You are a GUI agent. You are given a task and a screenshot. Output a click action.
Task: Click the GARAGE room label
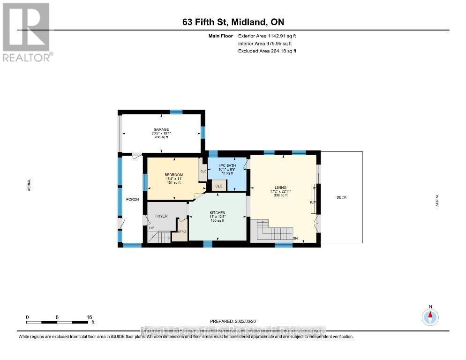tap(161, 129)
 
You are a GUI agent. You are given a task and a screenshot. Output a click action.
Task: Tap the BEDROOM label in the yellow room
tap(173, 175)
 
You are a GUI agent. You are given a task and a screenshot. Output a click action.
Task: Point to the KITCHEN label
tap(217, 213)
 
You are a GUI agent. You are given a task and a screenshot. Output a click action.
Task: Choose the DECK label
tap(341, 197)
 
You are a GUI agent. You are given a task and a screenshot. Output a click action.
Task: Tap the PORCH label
tap(132, 200)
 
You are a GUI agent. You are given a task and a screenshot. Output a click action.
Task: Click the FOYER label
tap(161, 216)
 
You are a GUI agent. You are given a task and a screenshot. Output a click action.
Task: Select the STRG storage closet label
tap(182, 232)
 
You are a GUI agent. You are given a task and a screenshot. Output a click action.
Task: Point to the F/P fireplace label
tap(313, 202)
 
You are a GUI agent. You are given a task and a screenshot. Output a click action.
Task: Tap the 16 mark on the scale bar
tap(89, 316)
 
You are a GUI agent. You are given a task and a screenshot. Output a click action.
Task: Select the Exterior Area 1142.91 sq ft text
tap(267, 36)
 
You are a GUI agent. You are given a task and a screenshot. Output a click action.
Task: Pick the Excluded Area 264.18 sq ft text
tap(267, 51)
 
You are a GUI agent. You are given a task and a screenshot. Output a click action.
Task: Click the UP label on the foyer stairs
tap(151, 228)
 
